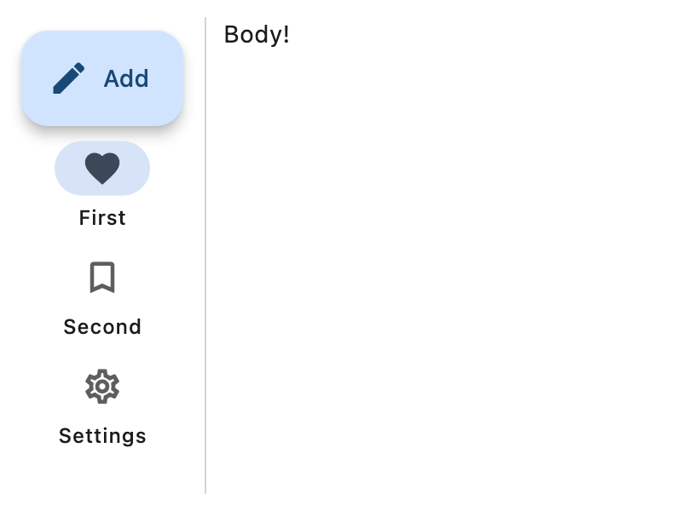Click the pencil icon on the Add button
coord(69,78)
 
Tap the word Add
coord(126,78)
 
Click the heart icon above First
coord(102,169)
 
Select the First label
coord(102,218)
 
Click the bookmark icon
coord(102,278)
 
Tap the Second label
coord(102,327)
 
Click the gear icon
coord(102,387)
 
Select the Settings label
coord(102,436)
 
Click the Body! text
coord(257,34)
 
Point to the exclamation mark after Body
coord(286,34)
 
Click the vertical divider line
coord(205,255)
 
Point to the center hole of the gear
coord(102,387)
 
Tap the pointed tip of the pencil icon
coord(55,92)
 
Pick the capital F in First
coord(84,218)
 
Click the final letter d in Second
coord(136,327)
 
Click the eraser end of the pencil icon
coord(79,67)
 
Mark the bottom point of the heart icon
coord(102,184)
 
